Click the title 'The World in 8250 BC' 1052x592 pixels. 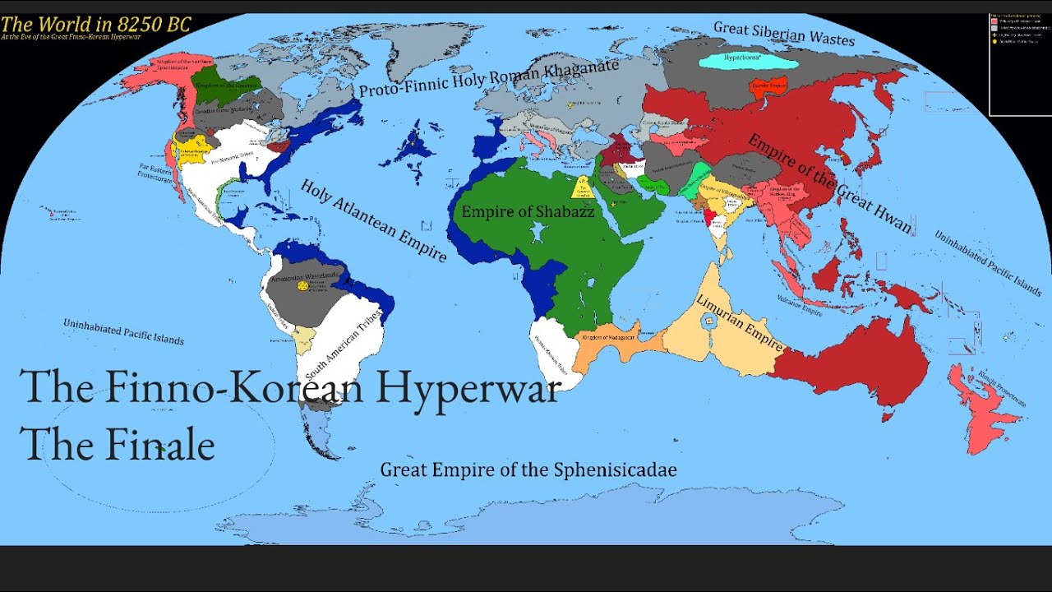point(95,24)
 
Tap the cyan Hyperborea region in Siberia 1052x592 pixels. point(749,60)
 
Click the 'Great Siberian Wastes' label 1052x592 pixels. point(783,33)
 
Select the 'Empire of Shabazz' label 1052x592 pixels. point(527,211)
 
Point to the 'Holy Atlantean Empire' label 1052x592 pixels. point(373,220)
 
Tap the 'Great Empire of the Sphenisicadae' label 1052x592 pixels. point(528,470)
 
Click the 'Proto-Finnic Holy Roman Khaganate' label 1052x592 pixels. point(488,80)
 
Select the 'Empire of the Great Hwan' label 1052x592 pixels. point(830,183)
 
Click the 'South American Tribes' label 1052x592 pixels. point(343,345)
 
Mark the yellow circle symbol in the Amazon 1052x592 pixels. point(302,285)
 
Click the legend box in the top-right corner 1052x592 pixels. point(1019,64)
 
